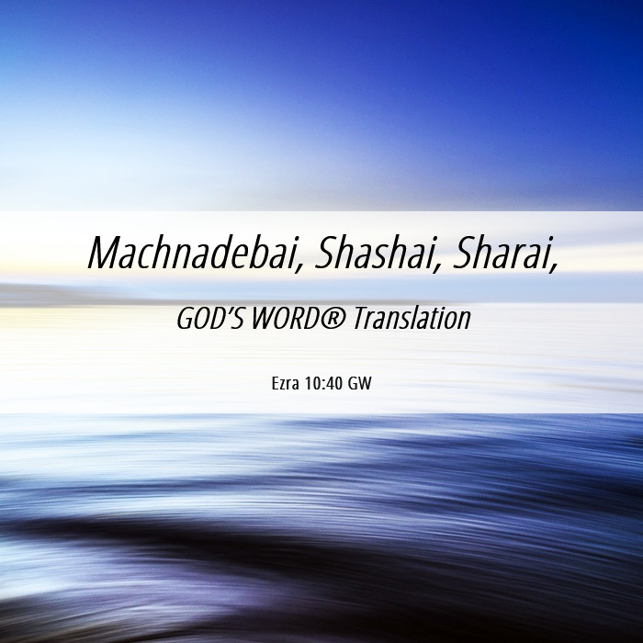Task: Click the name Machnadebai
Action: coord(192,253)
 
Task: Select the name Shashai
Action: coord(374,253)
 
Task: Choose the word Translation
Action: coord(412,319)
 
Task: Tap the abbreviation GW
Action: coord(360,384)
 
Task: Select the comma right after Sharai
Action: coord(555,266)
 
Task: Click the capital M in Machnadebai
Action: coord(104,253)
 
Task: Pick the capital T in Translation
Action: coord(361,319)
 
